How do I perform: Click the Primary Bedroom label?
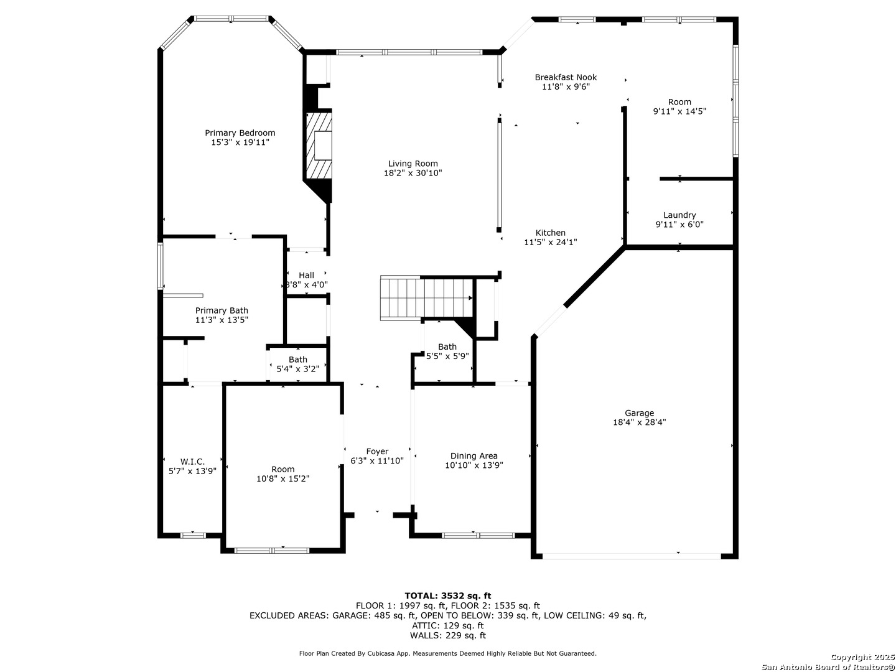pyautogui.click(x=240, y=133)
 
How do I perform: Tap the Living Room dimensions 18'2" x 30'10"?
pyautogui.click(x=413, y=173)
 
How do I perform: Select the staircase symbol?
pyautogui.click(x=426, y=298)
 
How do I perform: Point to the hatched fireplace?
pyautogui.click(x=319, y=145)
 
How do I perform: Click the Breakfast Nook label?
pyautogui.click(x=566, y=77)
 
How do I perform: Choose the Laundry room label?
pyautogui.click(x=679, y=215)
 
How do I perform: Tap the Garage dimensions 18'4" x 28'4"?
pyautogui.click(x=639, y=422)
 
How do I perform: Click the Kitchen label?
pyautogui.click(x=550, y=233)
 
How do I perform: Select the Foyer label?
pyautogui.click(x=377, y=452)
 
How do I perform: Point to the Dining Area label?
pyautogui.click(x=474, y=456)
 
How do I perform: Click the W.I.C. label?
pyautogui.click(x=192, y=462)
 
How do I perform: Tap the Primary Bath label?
pyautogui.click(x=222, y=310)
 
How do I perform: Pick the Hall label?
pyautogui.click(x=306, y=276)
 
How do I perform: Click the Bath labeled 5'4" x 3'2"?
pyautogui.click(x=297, y=360)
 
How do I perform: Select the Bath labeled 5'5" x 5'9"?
pyautogui.click(x=447, y=347)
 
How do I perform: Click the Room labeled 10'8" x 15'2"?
pyautogui.click(x=283, y=470)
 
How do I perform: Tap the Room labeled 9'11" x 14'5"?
pyautogui.click(x=679, y=102)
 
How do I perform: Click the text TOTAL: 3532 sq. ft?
pyautogui.click(x=448, y=596)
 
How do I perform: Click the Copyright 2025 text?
pyautogui.click(x=862, y=657)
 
